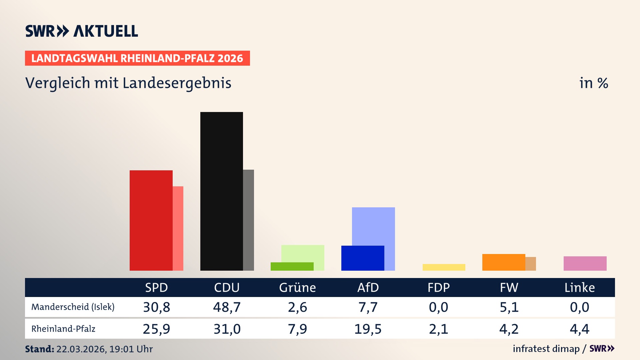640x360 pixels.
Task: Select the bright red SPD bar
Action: [x=151, y=220]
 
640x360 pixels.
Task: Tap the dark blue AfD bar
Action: [x=363, y=258]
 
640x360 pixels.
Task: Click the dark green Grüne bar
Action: [x=292, y=266]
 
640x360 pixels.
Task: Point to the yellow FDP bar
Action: [x=444, y=267]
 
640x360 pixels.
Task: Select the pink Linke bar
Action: [x=585, y=263]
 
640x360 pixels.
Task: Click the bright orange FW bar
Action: [x=503, y=262]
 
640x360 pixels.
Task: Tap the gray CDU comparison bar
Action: [x=248, y=220]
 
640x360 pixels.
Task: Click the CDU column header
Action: [x=227, y=288]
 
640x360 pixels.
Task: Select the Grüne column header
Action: [x=297, y=288]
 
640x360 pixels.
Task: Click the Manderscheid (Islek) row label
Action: [x=73, y=307]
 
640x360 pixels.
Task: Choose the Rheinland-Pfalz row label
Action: [x=63, y=329]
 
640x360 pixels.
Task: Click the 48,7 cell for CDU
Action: [x=227, y=307]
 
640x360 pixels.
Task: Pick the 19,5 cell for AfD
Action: [x=368, y=329]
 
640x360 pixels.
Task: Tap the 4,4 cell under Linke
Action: [x=579, y=329]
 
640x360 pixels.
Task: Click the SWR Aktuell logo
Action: [x=81, y=31]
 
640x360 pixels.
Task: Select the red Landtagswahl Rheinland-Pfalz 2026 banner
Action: [x=137, y=58]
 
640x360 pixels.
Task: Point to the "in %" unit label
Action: [x=593, y=83]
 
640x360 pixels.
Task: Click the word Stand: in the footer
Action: [x=39, y=349]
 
